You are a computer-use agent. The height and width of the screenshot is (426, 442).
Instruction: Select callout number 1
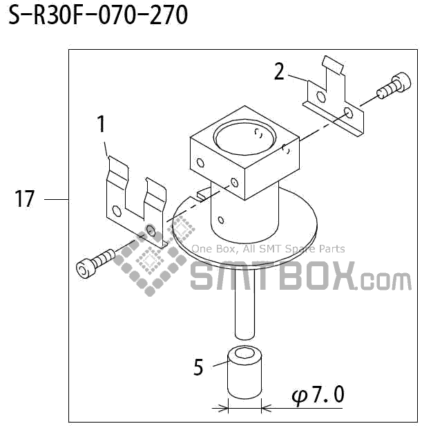pos(102,124)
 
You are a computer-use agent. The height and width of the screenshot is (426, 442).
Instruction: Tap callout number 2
pos(279,71)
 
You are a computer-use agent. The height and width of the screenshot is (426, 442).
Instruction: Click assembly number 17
pos(24,200)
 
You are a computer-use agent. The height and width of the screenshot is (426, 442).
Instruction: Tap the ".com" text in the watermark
pos(385,280)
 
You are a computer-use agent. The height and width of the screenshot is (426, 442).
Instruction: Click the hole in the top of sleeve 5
pos(244,356)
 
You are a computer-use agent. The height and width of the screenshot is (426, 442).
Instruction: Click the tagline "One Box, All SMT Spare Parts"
pos(268,249)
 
